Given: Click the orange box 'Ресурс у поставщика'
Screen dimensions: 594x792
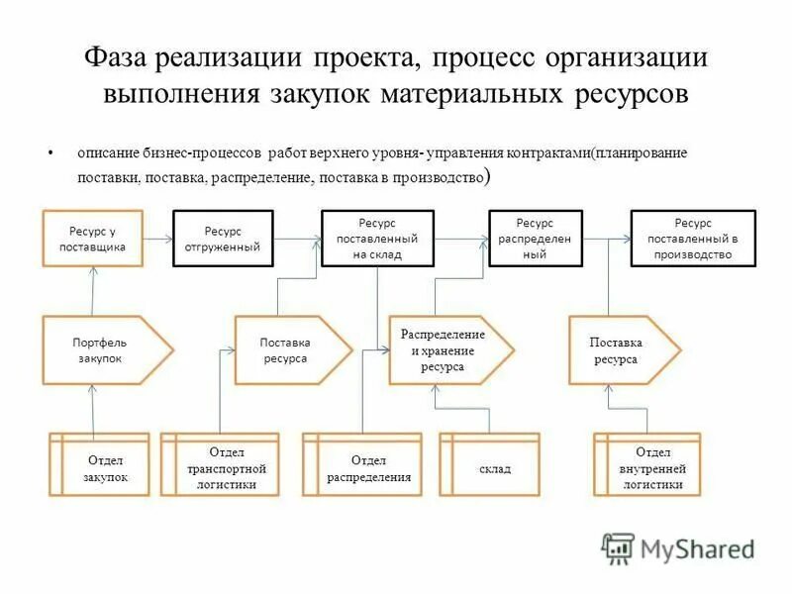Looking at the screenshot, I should pyautogui.click(x=91, y=239).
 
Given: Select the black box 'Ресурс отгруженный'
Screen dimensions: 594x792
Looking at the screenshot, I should pyautogui.click(x=223, y=239).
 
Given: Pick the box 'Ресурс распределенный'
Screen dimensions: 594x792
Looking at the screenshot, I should pyautogui.click(x=534, y=239).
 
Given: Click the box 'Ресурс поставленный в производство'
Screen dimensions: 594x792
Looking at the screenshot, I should pyautogui.click(x=692, y=239).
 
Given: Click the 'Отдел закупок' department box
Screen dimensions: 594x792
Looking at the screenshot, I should pyautogui.click(x=99, y=465).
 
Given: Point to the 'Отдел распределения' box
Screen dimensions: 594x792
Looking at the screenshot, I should pyautogui.click(x=367, y=465).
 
